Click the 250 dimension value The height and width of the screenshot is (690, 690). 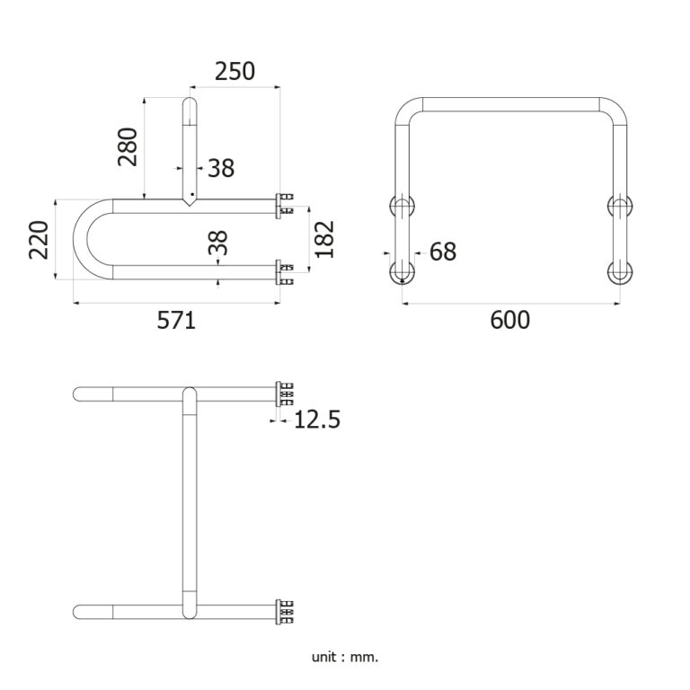click(x=234, y=71)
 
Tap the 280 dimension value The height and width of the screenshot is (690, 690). click(x=128, y=146)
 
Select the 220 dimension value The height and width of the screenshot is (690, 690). click(x=39, y=240)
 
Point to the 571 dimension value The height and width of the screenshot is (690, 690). click(x=176, y=320)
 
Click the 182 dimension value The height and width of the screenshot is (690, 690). click(x=324, y=239)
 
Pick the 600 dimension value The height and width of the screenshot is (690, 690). click(x=510, y=320)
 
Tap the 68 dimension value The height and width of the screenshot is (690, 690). click(x=443, y=252)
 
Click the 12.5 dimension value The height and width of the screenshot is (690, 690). click(x=317, y=420)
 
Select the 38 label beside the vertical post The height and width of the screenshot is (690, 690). click(x=221, y=168)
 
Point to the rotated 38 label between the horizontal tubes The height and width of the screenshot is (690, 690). click(x=217, y=243)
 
